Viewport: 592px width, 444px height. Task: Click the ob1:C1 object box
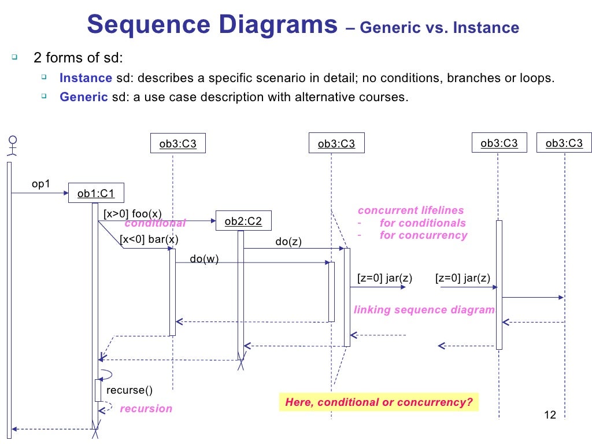click(96, 194)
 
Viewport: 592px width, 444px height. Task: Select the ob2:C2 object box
click(243, 221)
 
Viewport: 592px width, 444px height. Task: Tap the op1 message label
click(41, 184)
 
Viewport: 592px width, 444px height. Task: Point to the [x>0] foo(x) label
click(132, 213)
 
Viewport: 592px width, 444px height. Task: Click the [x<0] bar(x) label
click(149, 239)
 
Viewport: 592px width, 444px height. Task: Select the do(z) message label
click(288, 242)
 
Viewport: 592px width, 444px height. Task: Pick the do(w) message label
click(205, 258)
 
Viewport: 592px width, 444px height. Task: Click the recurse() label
click(129, 390)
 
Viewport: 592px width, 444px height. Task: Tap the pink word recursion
click(146, 409)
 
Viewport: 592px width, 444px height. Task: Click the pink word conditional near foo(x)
click(155, 224)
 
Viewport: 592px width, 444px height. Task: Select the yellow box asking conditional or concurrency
click(379, 402)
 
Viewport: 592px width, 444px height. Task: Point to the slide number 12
click(550, 415)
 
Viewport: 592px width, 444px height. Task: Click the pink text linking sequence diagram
click(424, 310)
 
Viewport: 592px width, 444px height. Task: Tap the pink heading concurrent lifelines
click(410, 210)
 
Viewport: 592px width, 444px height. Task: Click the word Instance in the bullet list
click(86, 78)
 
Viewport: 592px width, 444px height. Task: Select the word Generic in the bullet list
click(84, 97)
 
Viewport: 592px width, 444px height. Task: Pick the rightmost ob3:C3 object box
click(564, 143)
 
